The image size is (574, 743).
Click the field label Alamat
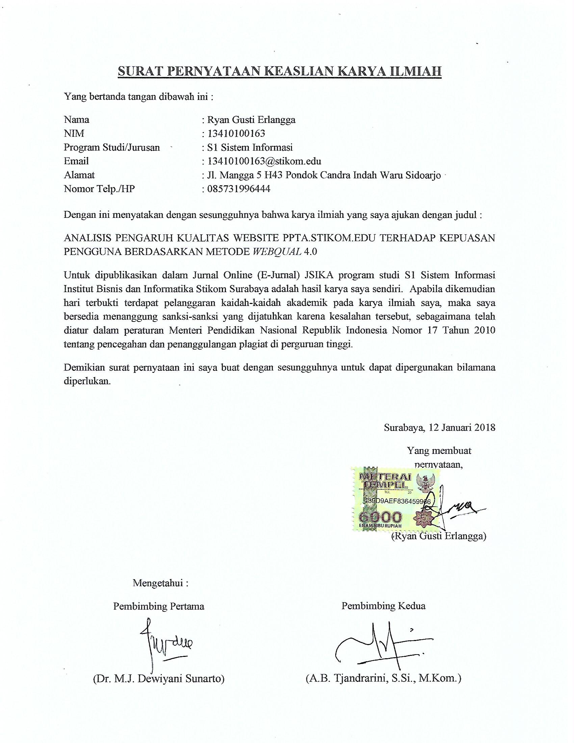point(79,175)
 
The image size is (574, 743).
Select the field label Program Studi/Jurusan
point(112,148)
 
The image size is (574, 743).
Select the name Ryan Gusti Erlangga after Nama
point(251,120)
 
